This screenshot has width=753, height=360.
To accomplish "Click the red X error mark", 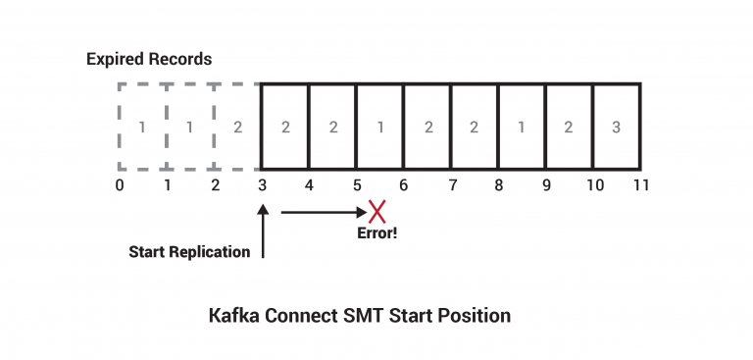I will tap(376, 211).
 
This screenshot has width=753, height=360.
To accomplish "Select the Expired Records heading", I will tap(148, 59).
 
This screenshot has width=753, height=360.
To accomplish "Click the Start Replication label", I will tap(189, 252).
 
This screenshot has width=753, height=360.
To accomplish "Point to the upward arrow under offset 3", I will tap(263, 231).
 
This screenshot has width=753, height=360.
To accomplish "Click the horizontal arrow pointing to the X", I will tap(322, 211).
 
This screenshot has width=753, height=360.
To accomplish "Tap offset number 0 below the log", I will tap(119, 184).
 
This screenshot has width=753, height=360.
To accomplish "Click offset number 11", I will tap(641, 184).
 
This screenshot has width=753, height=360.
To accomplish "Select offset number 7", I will tap(452, 184).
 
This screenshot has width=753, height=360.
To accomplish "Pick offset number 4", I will tap(309, 184).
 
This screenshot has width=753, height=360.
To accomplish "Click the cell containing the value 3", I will tap(617, 127).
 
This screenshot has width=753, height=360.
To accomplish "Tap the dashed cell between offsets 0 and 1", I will tap(142, 127).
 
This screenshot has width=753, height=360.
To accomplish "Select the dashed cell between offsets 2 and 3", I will tap(237, 127).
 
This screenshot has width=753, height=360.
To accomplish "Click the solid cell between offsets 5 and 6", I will tap(379, 127).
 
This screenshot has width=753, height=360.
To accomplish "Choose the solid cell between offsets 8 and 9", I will tap(522, 127).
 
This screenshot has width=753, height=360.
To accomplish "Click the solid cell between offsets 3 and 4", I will tap(284, 127).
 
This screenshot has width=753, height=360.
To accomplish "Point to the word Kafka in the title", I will tap(231, 316).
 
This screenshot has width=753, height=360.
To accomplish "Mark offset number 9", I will tap(546, 184).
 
